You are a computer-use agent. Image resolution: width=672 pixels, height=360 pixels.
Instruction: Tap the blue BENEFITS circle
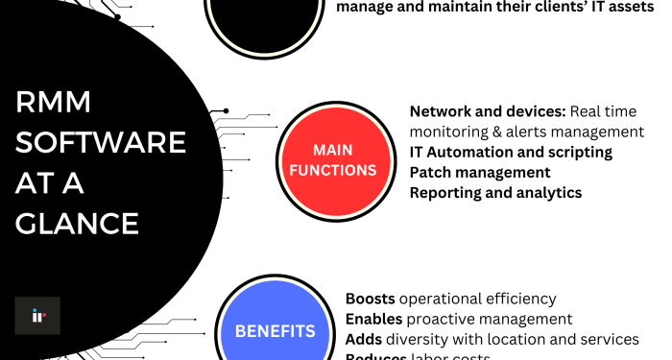[276, 331]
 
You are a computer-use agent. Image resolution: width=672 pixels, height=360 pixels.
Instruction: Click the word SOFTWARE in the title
[101, 143]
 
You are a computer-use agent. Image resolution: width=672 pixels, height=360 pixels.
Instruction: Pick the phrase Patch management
[480, 172]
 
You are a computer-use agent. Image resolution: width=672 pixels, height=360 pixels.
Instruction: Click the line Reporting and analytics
[495, 192]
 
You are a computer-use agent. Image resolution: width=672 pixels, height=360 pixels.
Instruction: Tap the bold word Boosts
[370, 299]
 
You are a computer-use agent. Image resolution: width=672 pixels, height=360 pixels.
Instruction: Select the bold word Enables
[373, 319]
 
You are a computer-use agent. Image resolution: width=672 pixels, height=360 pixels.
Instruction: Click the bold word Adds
[363, 339]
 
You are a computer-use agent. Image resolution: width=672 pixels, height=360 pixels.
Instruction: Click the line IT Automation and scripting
[511, 152]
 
